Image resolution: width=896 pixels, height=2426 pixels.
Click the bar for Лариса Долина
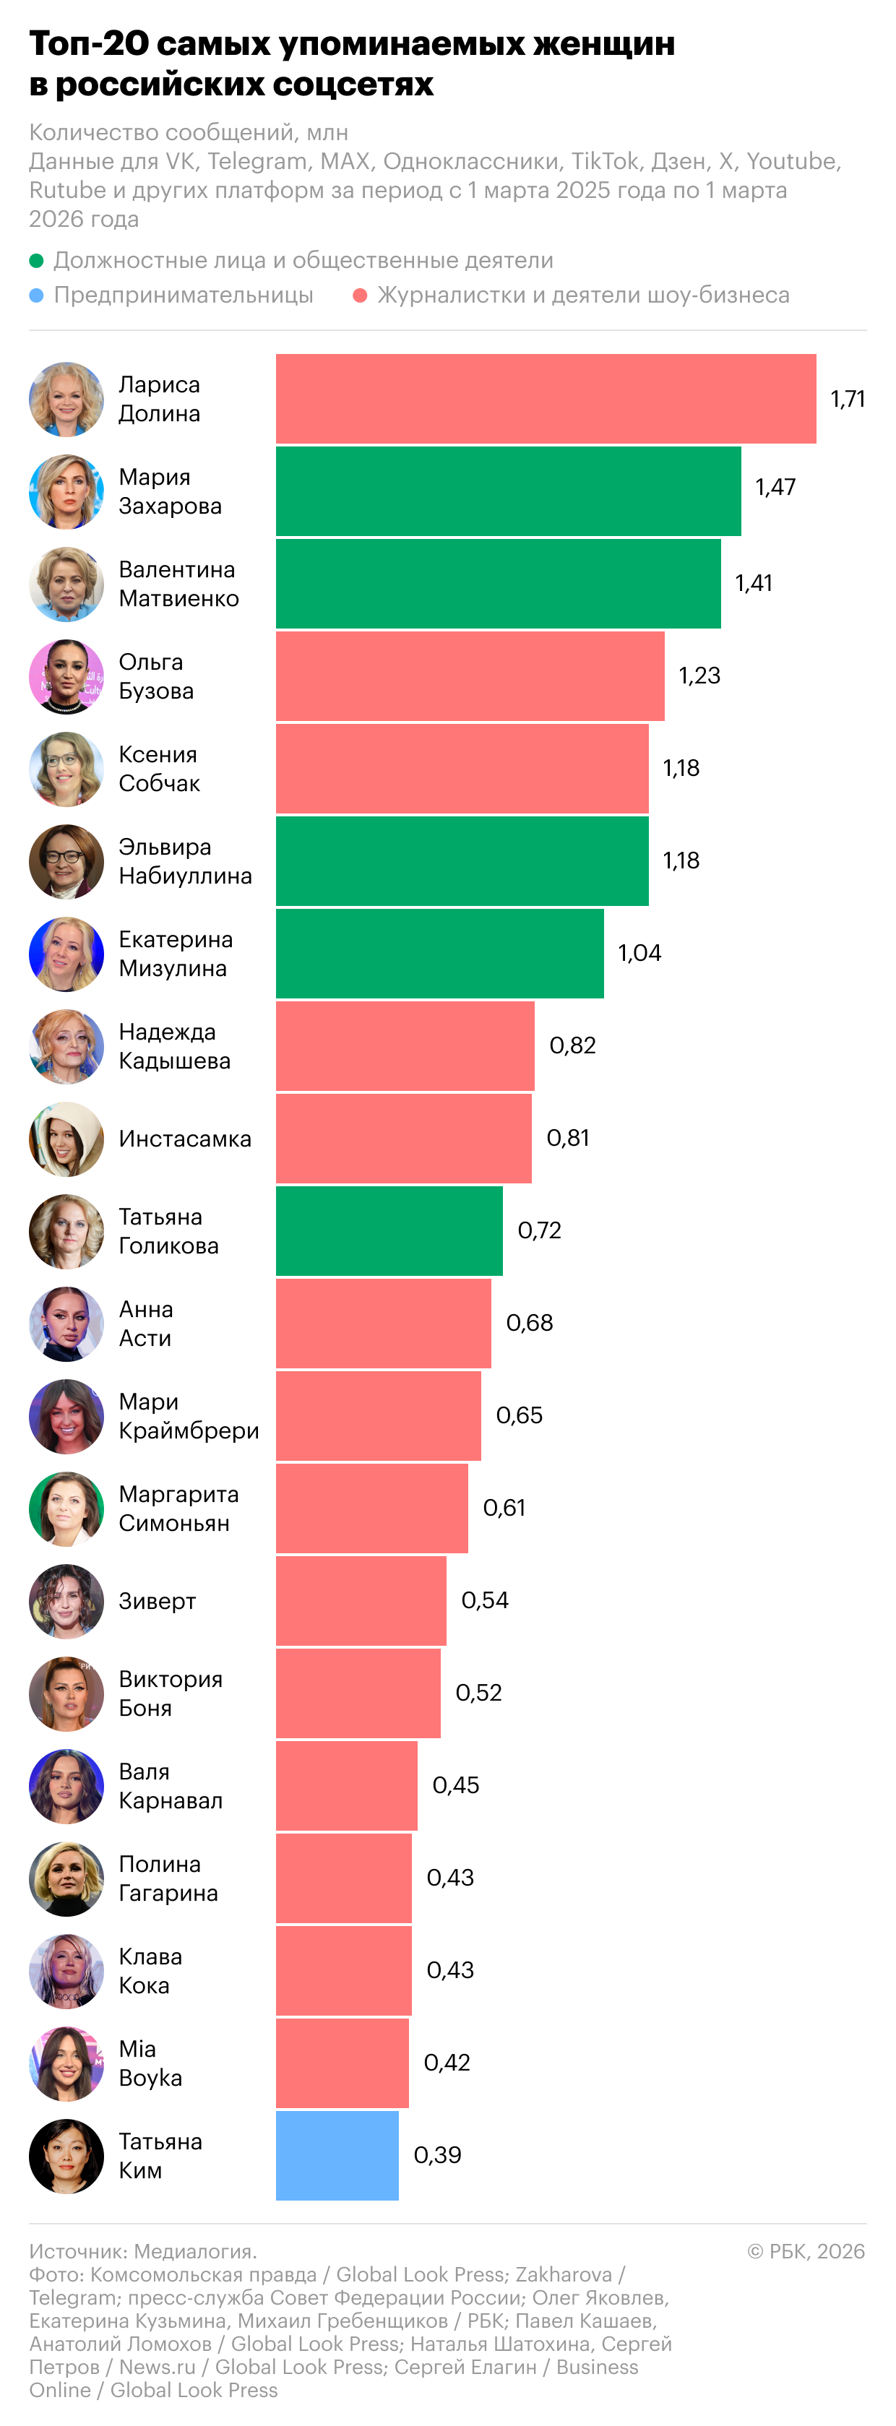click(x=546, y=398)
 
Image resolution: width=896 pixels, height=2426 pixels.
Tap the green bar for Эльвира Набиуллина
click(x=462, y=860)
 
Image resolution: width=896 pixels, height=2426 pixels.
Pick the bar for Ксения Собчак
click(x=462, y=769)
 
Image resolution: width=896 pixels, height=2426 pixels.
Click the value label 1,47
click(x=775, y=487)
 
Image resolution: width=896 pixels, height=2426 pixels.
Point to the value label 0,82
click(x=572, y=1045)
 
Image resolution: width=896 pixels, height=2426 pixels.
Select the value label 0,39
click(x=437, y=2155)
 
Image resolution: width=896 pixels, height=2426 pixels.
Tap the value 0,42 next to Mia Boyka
click(x=447, y=2063)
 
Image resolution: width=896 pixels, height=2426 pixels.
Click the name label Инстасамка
click(x=185, y=1139)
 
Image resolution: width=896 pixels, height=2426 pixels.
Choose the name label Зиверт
click(x=158, y=1601)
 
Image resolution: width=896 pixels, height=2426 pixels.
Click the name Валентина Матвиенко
click(x=178, y=584)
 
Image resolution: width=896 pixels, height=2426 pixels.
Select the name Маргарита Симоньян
click(x=178, y=1508)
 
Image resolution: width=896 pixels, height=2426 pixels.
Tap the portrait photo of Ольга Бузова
click(x=66, y=676)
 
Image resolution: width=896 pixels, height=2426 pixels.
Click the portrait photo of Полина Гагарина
click(x=66, y=1879)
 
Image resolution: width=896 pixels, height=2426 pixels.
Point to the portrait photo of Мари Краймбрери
click(x=66, y=1417)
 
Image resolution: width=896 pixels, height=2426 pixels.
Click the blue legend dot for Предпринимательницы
click(x=37, y=295)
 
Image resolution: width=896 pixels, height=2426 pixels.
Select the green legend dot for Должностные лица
click(x=37, y=261)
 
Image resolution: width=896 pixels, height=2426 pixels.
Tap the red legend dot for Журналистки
click(x=359, y=295)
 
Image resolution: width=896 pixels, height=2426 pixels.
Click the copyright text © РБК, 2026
click(x=806, y=2251)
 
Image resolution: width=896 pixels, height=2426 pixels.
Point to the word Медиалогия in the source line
click(x=194, y=2251)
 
